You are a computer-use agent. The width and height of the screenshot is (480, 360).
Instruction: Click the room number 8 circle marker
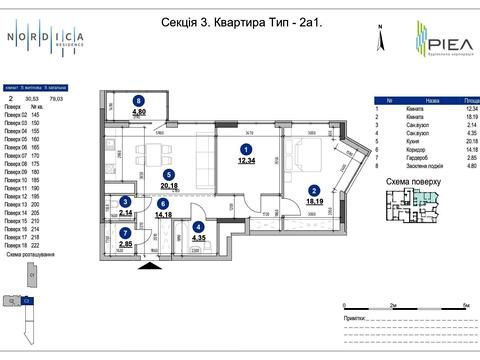coord(139,100)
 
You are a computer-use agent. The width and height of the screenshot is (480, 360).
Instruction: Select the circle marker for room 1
coord(243,147)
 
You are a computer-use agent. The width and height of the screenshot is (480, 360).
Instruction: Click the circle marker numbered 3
coord(125,202)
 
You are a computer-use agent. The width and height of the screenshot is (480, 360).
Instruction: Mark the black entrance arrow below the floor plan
coord(151,264)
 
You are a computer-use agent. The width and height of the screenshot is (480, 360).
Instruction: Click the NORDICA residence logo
coord(45,40)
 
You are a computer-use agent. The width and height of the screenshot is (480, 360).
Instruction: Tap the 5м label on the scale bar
coord(466,302)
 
